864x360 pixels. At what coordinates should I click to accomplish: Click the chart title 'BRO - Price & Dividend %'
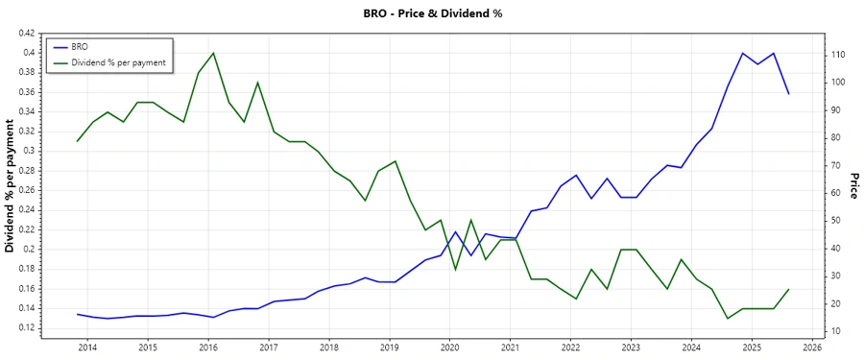[x=432, y=13]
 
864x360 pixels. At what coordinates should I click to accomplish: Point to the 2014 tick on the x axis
[x=87, y=347]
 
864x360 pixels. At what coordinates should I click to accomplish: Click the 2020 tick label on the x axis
[x=450, y=347]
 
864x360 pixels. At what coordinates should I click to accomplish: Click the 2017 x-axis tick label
[x=269, y=347]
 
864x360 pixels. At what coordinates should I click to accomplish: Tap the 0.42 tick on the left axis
[x=27, y=34]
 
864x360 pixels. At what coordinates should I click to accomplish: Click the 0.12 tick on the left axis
[x=27, y=327]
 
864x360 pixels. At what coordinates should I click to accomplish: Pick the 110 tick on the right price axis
[x=837, y=55]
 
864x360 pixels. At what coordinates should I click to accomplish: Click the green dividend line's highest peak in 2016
[x=213, y=53]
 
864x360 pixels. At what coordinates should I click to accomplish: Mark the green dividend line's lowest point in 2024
[x=728, y=318]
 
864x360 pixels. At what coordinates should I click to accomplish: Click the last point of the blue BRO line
[x=788, y=93]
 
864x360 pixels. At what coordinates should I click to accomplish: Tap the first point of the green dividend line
[x=78, y=141]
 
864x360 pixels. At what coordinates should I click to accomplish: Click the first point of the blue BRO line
[x=78, y=314]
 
